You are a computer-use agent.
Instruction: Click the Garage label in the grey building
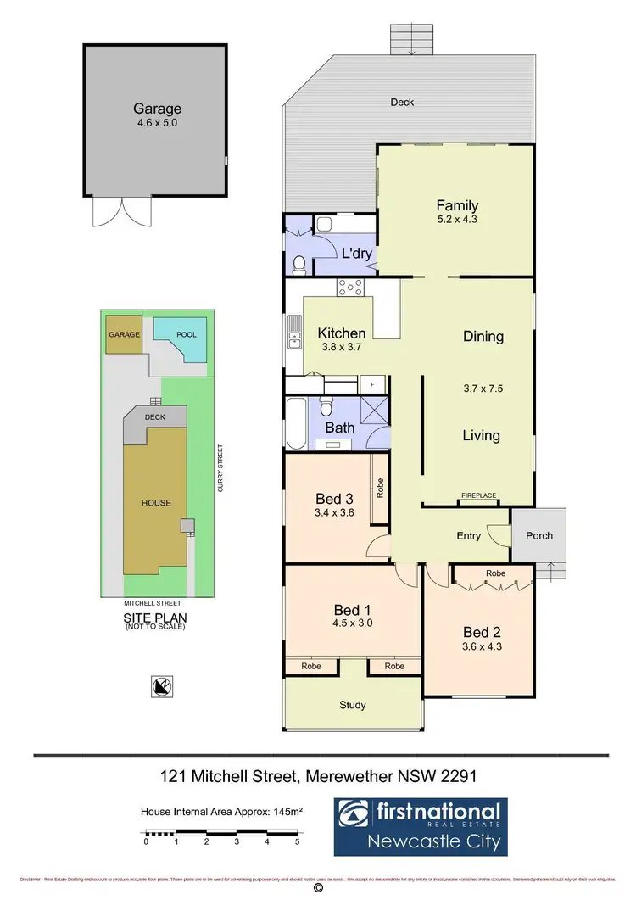click(x=157, y=109)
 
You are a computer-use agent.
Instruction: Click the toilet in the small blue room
click(x=298, y=266)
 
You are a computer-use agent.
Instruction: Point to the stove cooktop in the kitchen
click(x=351, y=288)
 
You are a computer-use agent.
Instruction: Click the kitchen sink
click(x=293, y=332)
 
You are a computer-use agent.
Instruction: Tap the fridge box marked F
click(x=370, y=385)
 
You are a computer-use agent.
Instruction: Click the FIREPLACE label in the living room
click(x=478, y=495)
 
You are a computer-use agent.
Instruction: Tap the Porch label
click(x=539, y=535)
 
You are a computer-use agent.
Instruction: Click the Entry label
click(x=468, y=535)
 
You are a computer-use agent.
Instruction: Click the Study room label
click(x=353, y=705)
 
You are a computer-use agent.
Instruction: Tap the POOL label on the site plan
click(x=187, y=334)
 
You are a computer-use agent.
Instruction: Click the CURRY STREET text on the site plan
click(x=219, y=468)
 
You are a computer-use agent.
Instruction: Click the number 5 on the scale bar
click(x=297, y=842)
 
